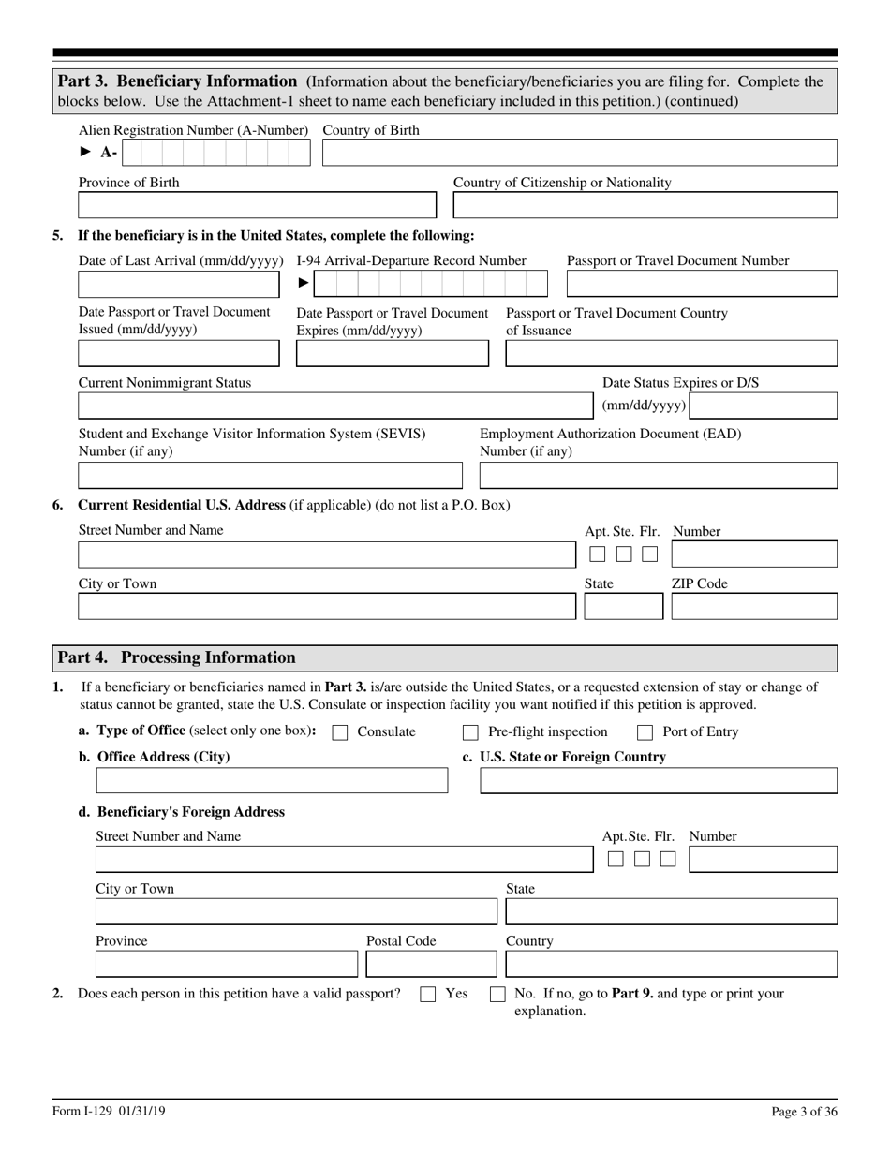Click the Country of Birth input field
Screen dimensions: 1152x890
click(579, 154)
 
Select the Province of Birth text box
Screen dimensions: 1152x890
click(257, 206)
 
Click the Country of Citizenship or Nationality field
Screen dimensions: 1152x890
click(645, 206)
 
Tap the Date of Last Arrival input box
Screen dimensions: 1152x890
click(178, 284)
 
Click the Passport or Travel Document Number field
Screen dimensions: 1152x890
click(702, 284)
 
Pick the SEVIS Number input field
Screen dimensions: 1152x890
click(270, 476)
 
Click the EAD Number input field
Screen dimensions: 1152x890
click(659, 476)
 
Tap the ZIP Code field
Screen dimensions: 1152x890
click(754, 607)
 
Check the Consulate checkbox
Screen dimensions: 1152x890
click(341, 732)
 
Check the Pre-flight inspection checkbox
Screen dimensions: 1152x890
click(471, 732)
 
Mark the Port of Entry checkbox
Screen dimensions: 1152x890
click(645, 732)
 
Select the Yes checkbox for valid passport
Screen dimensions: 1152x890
click(428, 995)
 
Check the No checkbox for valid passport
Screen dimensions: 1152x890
click(498, 995)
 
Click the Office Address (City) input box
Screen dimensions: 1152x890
click(272, 780)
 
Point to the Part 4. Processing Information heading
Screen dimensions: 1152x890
click(177, 657)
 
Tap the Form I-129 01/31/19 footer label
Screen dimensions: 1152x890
click(111, 1112)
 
